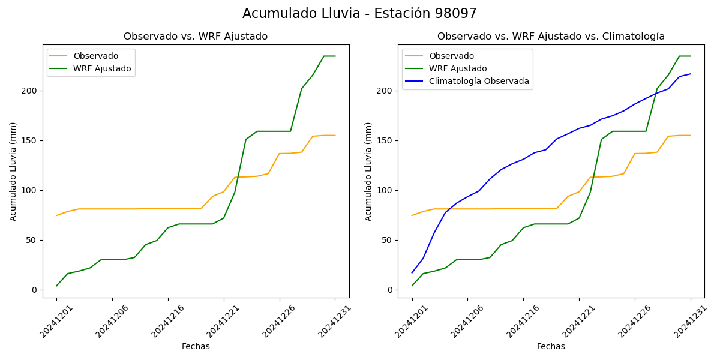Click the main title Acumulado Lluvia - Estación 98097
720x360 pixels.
point(359,14)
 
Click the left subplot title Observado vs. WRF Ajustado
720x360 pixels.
point(196,37)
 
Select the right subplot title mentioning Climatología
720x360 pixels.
point(551,37)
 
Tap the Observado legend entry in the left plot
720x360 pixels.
point(95,56)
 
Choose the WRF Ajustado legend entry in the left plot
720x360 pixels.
point(102,68)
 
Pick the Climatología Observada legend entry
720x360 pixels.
point(479,82)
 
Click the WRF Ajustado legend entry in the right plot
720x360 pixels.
point(457,68)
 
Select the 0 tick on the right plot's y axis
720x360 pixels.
point(390,290)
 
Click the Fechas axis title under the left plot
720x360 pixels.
point(196,347)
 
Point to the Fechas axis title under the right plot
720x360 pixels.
point(551,347)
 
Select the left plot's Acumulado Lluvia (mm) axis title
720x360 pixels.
point(13,171)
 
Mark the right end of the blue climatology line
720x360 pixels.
point(691,74)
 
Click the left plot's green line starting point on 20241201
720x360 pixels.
point(56,286)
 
